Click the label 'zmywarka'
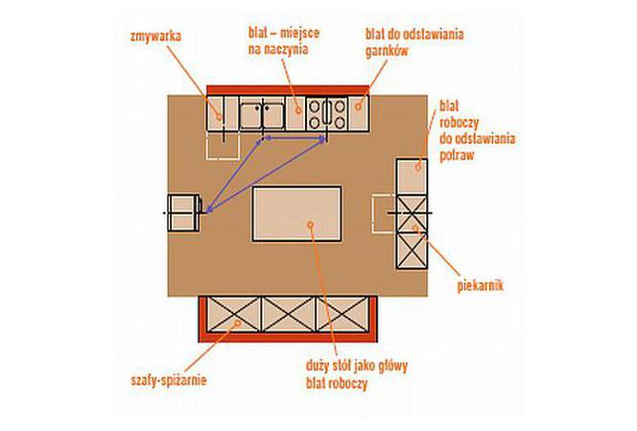click(x=155, y=36)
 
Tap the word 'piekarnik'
click(x=481, y=286)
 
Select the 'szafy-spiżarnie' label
click(x=169, y=381)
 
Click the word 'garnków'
click(x=387, y=51)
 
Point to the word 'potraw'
click(x=457, y=156)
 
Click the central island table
click(x=297, y=214)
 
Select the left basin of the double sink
click(x=250, y=116)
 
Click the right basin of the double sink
click(x=273, y=116)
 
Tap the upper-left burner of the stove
click(x=314, y=107)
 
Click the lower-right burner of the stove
click(x=340, y=122)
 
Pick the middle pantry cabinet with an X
click(x=289, y=314)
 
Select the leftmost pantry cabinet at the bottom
click(x=234, y=314)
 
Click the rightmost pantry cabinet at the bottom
click(x=342, y=314)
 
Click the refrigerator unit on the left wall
click(x=184, y=213)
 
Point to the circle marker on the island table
click(x=311, y=225)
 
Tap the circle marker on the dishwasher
click(x=220, y=117)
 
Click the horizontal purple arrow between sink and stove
click(x=294, y=139)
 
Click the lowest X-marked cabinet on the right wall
click(x=412, y=251)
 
